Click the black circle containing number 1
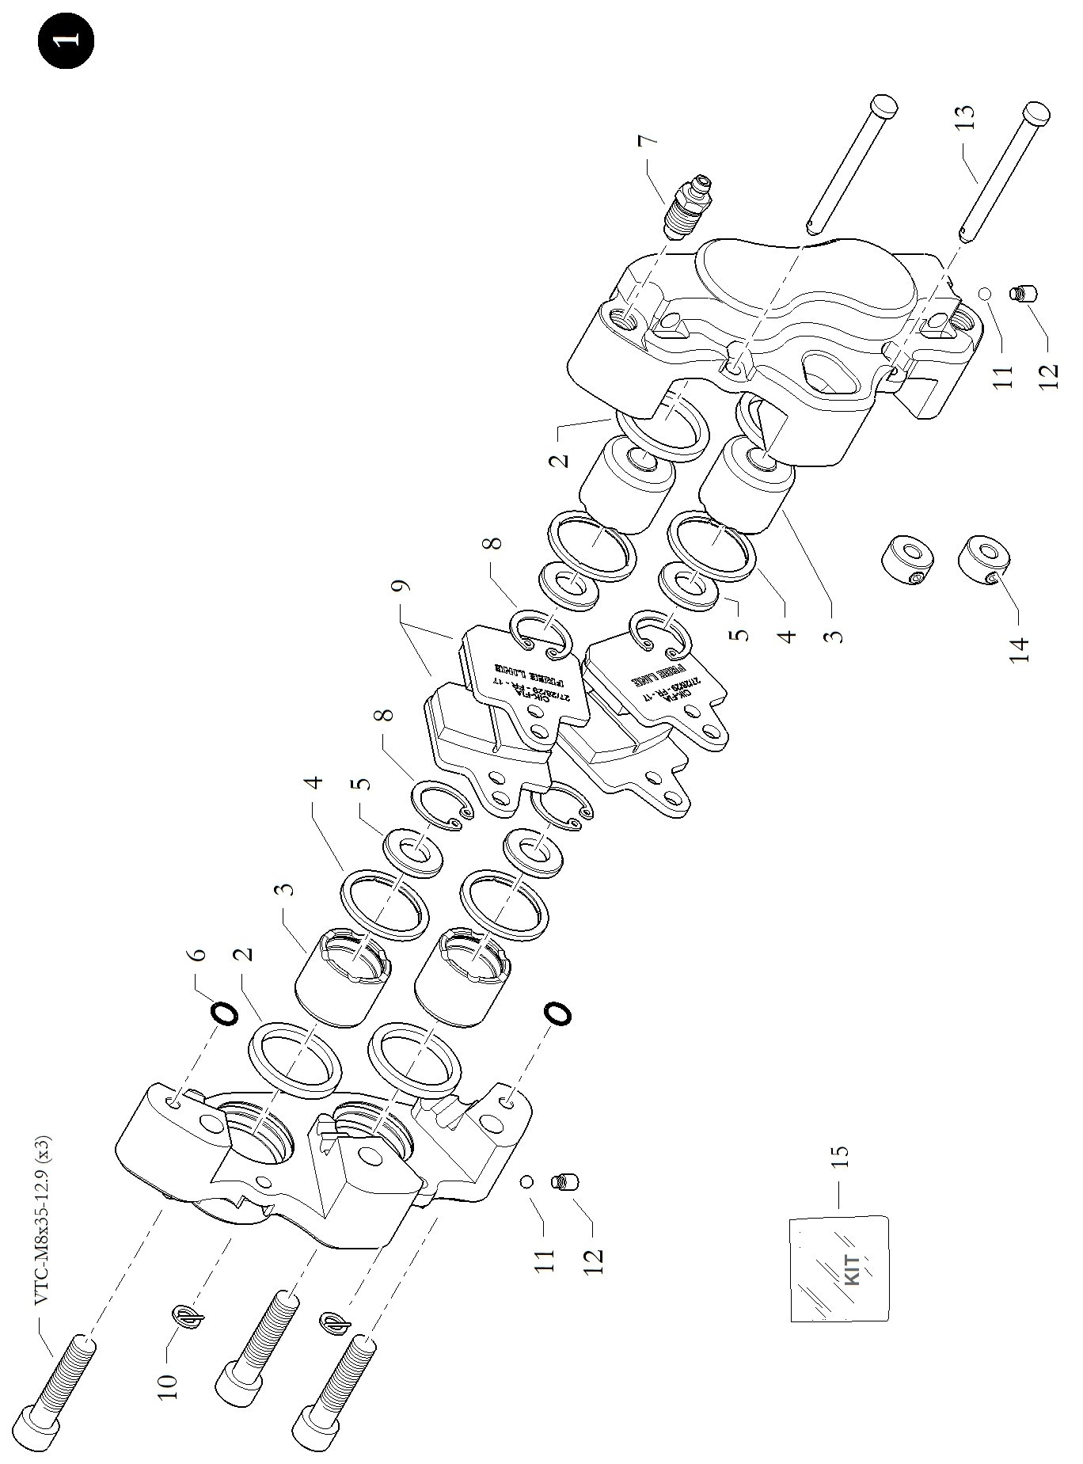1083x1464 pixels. [x=65, y=39]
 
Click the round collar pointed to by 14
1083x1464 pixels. [x=983, y=561]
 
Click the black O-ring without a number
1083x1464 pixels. [x=556, y=1013]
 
